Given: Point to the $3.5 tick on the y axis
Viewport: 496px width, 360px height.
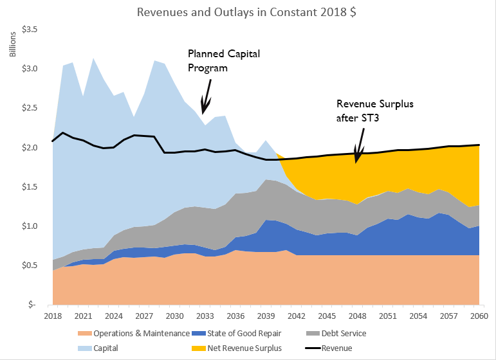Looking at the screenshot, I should pyautogui.click(x=30, y=30).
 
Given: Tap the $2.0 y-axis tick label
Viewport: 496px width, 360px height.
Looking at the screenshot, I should pyautogui.click(x=30, y=148).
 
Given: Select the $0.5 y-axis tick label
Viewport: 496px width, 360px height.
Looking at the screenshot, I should pyautogui.click(x=30, y=265).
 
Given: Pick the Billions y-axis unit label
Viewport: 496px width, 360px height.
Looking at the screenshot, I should pyautogui.click(x=12, y=43).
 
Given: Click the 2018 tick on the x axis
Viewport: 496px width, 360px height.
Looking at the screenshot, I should pyautogui.click(x=53, y=317).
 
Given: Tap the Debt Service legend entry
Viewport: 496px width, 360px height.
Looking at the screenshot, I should pyautogui.click(x=344, y=333).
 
